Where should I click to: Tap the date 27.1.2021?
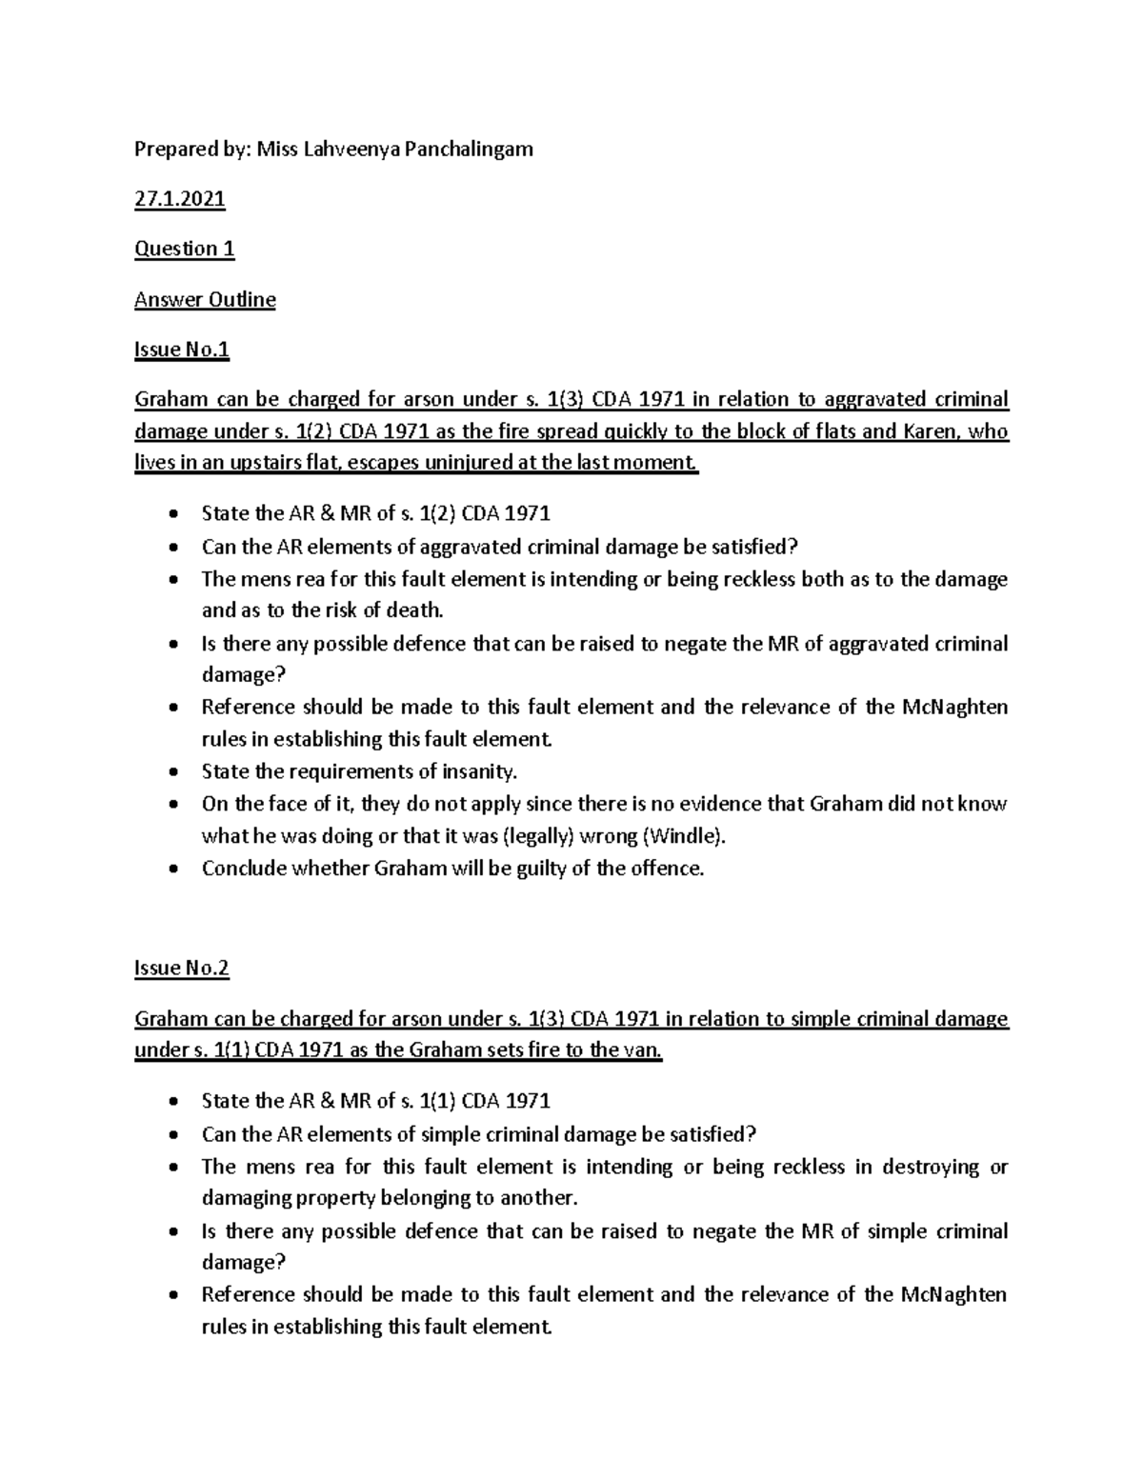pos(180,199)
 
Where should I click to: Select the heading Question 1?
pos(185,249)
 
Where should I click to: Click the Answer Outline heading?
pos(205,299)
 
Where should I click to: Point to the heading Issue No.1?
pos(182,350)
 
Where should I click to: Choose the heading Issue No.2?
pos(182,968)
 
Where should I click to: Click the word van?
pos(641,1050)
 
